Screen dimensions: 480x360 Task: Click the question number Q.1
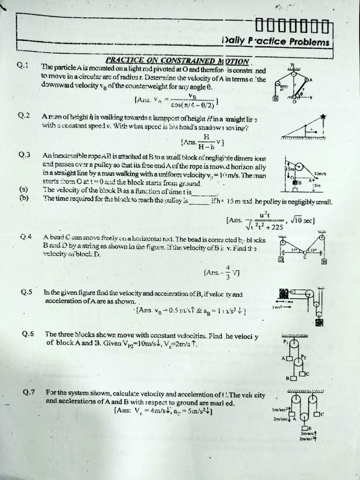pyautogui.click(x=23, y=66)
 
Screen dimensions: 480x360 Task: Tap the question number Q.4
pyautogui.click(x=26, y=237)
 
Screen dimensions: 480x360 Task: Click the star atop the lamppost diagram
pyautogui.click(x=323, y=117)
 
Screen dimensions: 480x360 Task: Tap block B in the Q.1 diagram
pyautogui.click(x=276, y=98)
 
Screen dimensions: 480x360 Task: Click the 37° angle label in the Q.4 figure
pyautogui.click(x=294, y=251)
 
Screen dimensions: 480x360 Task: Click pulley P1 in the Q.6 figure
pyautogui.click(x=294, y=344)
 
